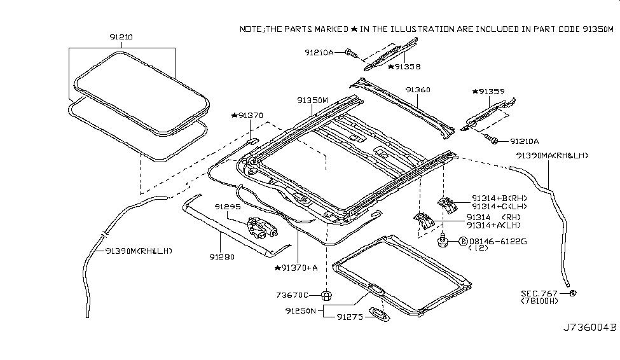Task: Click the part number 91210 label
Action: (x=121, y=38)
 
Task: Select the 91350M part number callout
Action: (x=312, y=100)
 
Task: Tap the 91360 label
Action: (x=418, y=90)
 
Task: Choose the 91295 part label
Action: (x=226, y=207)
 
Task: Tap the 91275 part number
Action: (x=350, y=316)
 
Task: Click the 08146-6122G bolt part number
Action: (x=497, y=242)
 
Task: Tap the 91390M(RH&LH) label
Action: (x=139, y=251)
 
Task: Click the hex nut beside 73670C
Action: (x=326, y=294)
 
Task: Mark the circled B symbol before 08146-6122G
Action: (x=463, y=242)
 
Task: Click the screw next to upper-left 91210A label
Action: (x=350, y=53)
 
